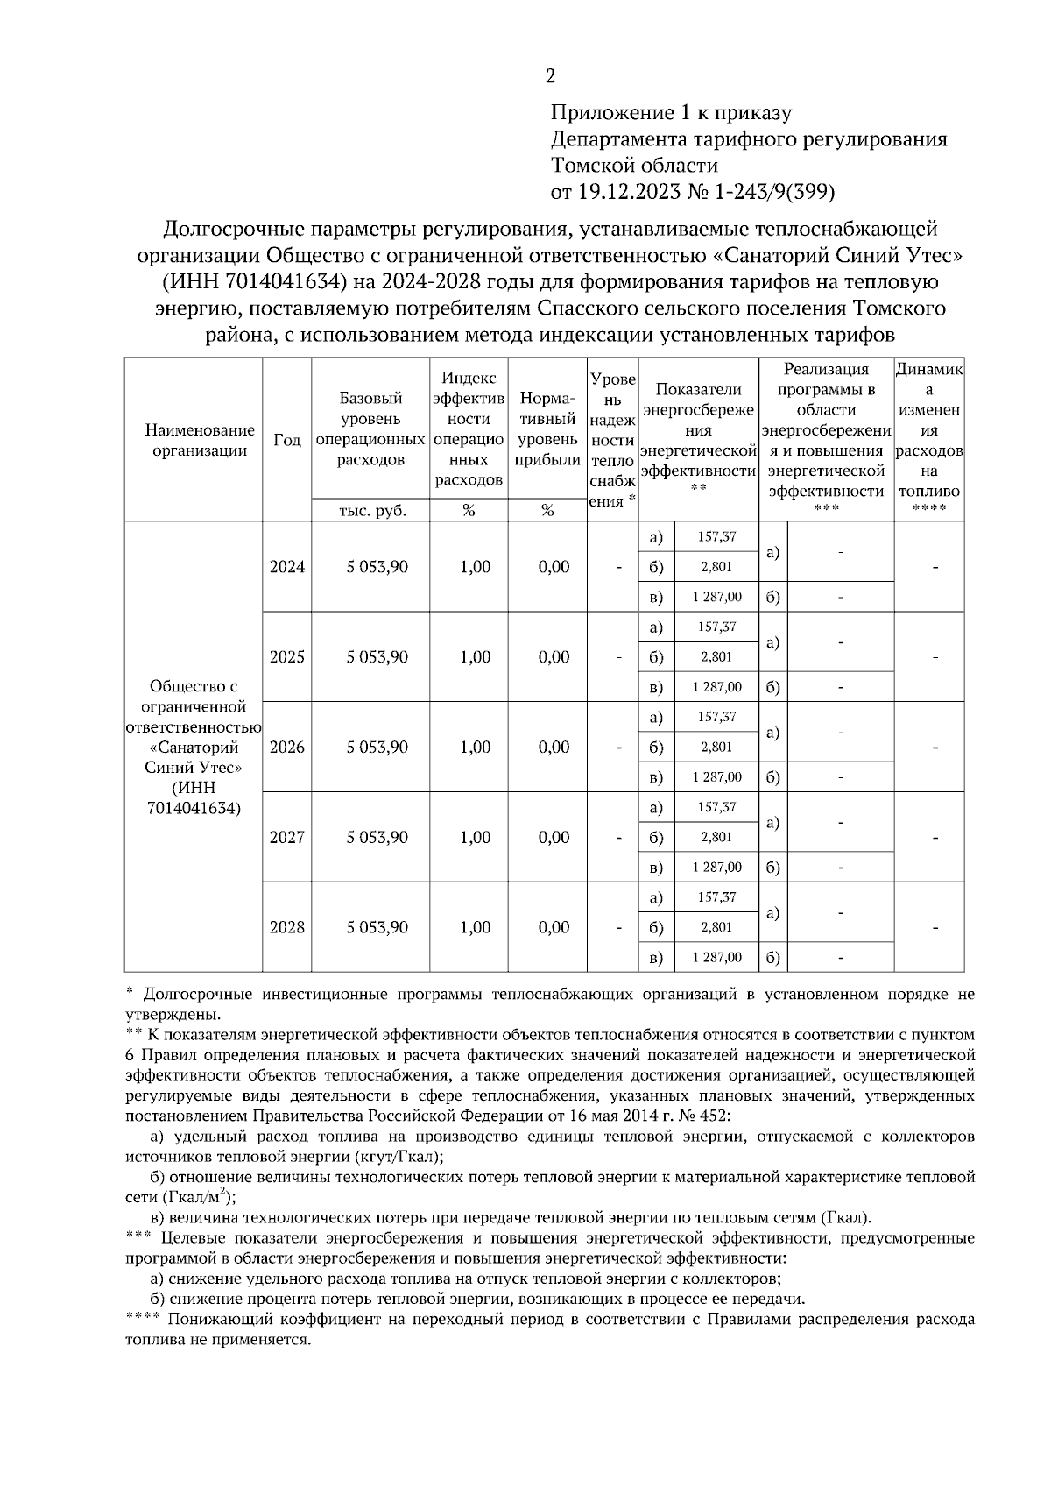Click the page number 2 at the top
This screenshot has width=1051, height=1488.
[x=550, y=76]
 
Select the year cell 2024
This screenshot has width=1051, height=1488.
[x=286, y=567]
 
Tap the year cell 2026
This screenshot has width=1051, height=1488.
[x=286, y=748]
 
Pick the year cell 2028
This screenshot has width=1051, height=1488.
[x=286, y=927]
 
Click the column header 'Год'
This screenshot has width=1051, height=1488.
[x=286, y=440]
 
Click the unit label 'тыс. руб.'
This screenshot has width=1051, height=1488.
[x=372, y=511]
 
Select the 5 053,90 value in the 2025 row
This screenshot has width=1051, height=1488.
[x=377, y=657]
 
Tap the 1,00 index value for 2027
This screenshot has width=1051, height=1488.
[x=475, y=838]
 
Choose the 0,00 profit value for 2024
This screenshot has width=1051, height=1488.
[x=554, y=567]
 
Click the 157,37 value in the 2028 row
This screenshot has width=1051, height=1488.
[x=716, y=897]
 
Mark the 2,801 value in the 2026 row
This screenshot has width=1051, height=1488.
[x=716, y=748]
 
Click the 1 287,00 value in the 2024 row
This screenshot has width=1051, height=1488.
[x=716, y=598]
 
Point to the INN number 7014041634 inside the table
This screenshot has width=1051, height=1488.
[x=194, y=808]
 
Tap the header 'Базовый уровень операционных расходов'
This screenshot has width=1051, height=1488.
[x=370, y=429]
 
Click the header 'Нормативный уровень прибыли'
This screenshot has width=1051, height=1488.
[x=547, y=429]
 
